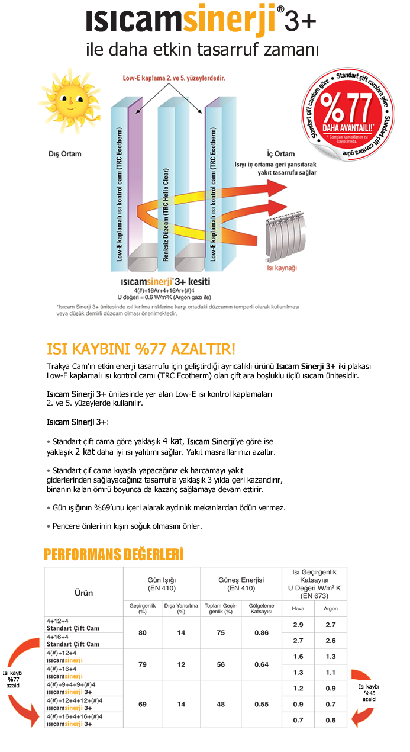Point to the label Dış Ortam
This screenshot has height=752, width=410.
pyautogui.click(x=64, y=154)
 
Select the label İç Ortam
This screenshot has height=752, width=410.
pyautogui.click(x=280, y=154)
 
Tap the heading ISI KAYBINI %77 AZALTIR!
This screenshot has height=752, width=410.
pyautogui.click(x=141, y=348)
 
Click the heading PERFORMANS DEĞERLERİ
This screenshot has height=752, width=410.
pyautogui.click(x=114, y=554)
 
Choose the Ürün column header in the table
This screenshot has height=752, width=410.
pyautogui.click(x=83, y=592)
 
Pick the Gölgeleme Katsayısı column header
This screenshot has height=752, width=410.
pyautogui.click(x=261, y=608)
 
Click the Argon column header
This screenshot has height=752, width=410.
pyautogui.click(x=331, y=609)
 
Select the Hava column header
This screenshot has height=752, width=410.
pyautogui.click(x=298, y=609)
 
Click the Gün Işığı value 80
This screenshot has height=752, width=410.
pyautogui.click(x=143, y=633)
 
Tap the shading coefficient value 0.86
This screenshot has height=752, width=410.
pyautogui.click(x=261, y=633)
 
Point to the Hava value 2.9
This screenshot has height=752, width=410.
pyautogui.click(x=298, y=625)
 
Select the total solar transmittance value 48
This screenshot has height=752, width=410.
pyautogui.click(x=221, y=704)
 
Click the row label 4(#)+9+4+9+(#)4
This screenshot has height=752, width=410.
pyautogui.click(x=71, y=684)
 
